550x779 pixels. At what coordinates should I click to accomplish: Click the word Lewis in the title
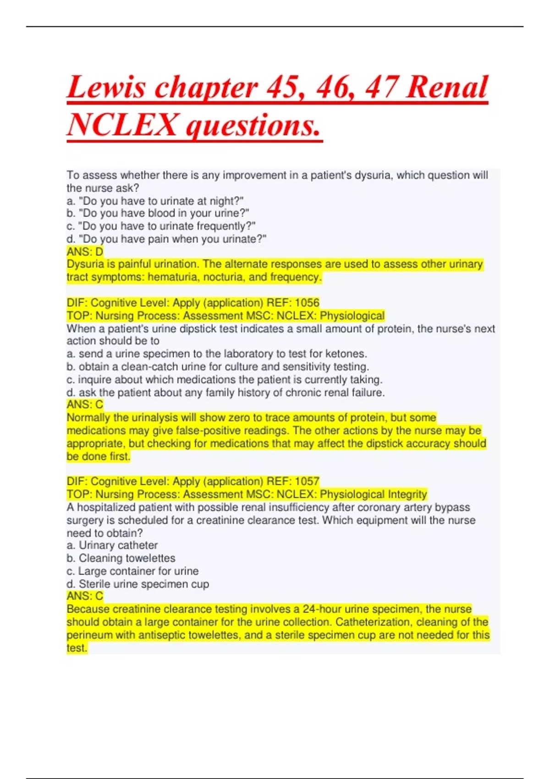pyautogui.click(x=106, y=87)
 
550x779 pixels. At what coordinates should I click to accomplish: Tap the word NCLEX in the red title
pyautogui.click(x=123, y=125)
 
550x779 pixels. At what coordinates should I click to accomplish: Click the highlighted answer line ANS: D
pyautogui.click(x=85, y=252)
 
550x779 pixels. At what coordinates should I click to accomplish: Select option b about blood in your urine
pyautogui.click(x=158, y=214)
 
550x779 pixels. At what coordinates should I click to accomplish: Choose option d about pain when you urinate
pyautogui.click(x=166, y=239)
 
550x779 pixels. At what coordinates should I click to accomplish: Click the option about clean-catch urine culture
pyautogui.click(x=218, y=367)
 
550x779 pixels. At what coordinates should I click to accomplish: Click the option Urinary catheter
pyautogui.click(x=112, y=545)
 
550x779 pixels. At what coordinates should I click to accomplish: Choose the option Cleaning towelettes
pyautogui.click(x=121, y=558)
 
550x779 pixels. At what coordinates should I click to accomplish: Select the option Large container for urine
pyautogui.click(x=132, y=571)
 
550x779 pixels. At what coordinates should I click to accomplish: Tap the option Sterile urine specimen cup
pyautogui.click(x=137, y=584)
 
